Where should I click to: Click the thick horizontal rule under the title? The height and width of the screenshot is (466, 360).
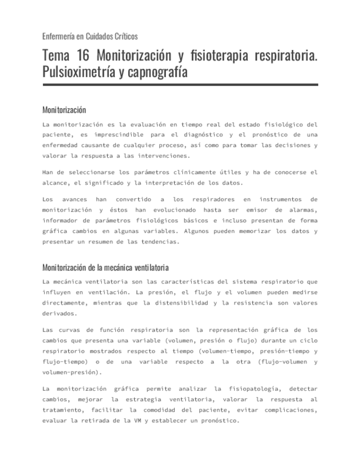point(180,85)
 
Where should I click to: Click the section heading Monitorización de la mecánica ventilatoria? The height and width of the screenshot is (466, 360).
point(105,268)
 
